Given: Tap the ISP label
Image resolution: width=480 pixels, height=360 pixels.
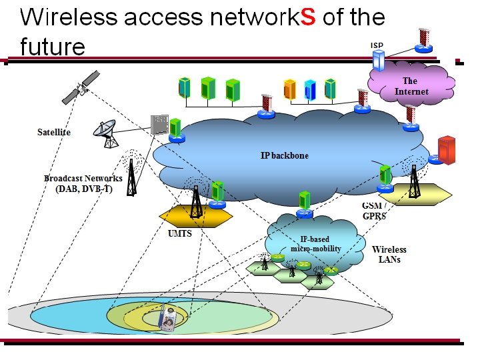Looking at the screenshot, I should [x=377, y=45].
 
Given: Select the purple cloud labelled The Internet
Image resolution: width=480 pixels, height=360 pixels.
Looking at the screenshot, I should [x=411, y=86].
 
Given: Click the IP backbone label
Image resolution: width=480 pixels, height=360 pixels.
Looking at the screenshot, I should [x=285, y=155].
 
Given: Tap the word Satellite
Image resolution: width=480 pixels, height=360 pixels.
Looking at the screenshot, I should [x=53, y=132].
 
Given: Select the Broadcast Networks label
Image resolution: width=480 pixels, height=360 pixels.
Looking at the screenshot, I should [x=83, y=183].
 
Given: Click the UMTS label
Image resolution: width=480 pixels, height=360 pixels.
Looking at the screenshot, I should [x=180, y=234].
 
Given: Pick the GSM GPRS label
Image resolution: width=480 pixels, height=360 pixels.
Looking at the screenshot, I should [x=375, y=211].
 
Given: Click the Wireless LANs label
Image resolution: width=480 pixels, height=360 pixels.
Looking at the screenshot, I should [x=389, y=254].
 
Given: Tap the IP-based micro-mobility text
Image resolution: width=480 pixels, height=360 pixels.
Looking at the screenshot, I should [x=315, y=244].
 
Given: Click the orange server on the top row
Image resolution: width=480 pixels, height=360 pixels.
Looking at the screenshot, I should [x=289, y=89].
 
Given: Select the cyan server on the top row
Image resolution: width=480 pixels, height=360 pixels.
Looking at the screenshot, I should [x=309, y=89].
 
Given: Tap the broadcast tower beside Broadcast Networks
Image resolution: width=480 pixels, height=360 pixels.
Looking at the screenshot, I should [x=132, y=175].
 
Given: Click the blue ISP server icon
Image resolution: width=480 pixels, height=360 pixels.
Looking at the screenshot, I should [x=378, y=61].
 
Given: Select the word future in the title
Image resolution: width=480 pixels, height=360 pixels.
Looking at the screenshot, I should [x=53, y=47].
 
